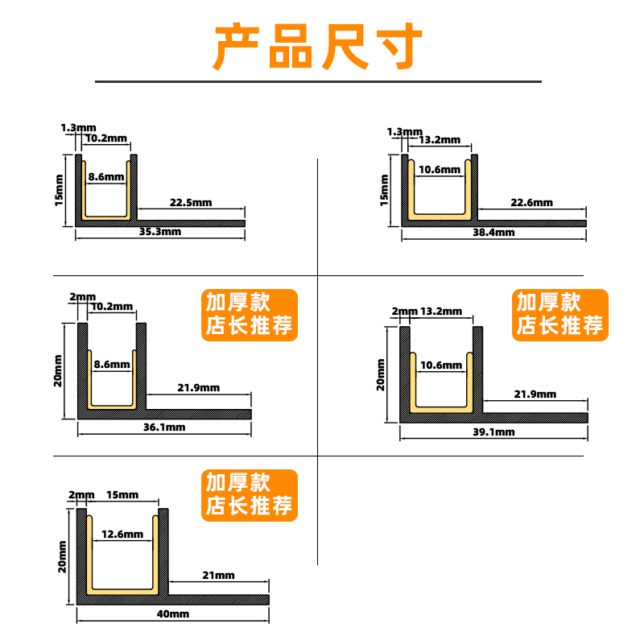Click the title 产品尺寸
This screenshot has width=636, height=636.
pos(317,47)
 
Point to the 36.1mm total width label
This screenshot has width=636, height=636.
pos(164,427)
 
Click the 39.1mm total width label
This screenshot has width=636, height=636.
pos(493,432)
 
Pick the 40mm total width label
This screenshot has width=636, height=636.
pos(172,614)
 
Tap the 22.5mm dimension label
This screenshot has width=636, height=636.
pos(191,203)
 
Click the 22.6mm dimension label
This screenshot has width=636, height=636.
pos(532,203)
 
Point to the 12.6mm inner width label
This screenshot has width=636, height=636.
pos(122,535)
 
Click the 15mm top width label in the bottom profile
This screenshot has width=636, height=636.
pos(122,494)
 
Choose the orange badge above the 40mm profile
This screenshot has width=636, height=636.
pos(249,494)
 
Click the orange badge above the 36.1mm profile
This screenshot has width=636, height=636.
pos(249,314)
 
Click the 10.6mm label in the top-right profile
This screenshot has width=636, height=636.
pos(440,170)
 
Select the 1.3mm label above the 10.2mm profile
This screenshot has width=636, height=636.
pos(78,127)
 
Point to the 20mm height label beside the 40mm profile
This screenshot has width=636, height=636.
pos(63,557)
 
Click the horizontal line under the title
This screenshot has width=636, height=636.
pos(318,81)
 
